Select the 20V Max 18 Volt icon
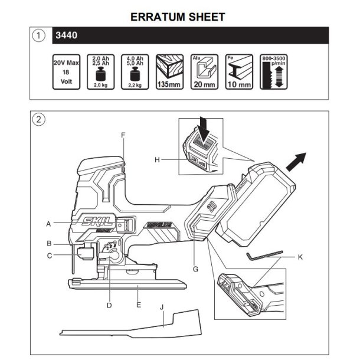(x=66, y=71)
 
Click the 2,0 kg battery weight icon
(x=101, y=71)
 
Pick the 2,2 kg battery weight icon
(x=135, y=71)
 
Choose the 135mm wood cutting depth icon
(x=170, y=71)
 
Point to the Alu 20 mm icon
(x=205, y=71)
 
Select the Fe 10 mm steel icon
(x=240, y=71)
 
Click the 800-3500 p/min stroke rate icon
(x=274, y=71)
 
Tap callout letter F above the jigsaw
(x=123, y=135)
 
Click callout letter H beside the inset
(x=157, y=159)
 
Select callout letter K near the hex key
(x=300, y=257)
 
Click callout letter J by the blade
(x=162, y=307)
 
